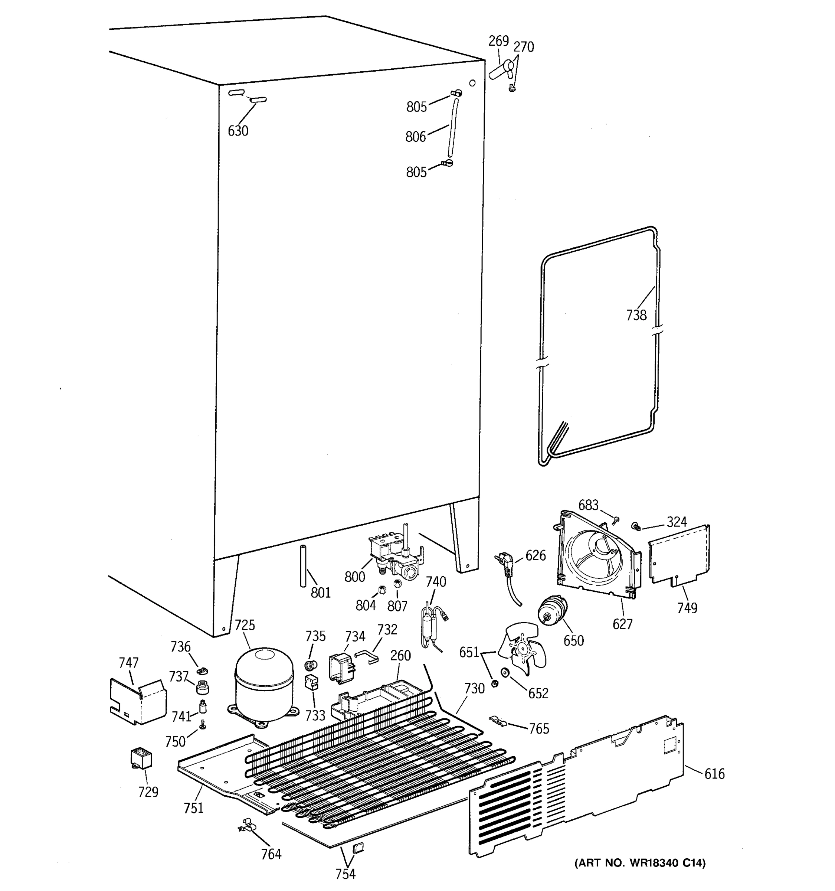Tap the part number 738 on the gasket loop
click(636, 316)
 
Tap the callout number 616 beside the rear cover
click(714, 774)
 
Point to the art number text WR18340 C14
click(640, 863)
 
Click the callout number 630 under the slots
click(238, 131)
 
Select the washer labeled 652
click(506, 673)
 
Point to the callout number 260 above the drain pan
click(400, 656)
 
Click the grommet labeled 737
click(203, 686)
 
